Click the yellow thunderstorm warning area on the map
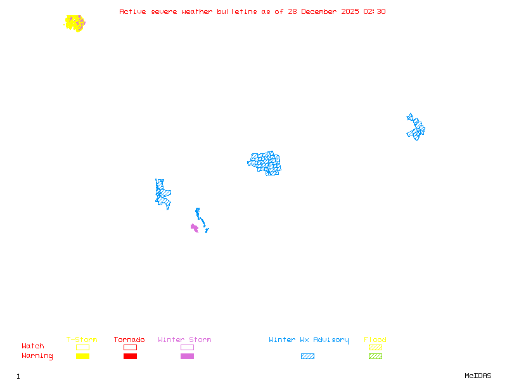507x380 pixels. pyautogui.click(x=74, y=23)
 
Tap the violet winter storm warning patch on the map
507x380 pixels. pyautogui.click(x=195, y=227)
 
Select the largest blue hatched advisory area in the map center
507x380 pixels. pyautogui.click(x=265, y=163)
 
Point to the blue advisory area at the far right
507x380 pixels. pyautogui.click(x=416, y=127)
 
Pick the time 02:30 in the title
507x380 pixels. pyautogui.click(x=375, y=11)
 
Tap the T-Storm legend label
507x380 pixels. pyautogui.click(x=82, y=340)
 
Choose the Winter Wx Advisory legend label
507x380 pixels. pyautogui.click(x=309, y=340)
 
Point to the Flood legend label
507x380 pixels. pyautogui.click(x=375, y=340)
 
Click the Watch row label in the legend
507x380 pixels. pyautogui.click(x=33, y=346)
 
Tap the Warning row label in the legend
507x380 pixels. pyautogui.click(x=37, y=356)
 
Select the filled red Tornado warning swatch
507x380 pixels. pyautogui.click(x=130, y=357)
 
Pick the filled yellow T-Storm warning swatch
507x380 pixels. pyautogui.click(x=82, y=357)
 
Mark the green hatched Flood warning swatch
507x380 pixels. pyautogui.click(x=375, y=357)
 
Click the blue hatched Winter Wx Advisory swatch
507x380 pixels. pyautogui.click(x=307, y=357)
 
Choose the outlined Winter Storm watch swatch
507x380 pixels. pyautogui.click(x=187, y=348)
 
